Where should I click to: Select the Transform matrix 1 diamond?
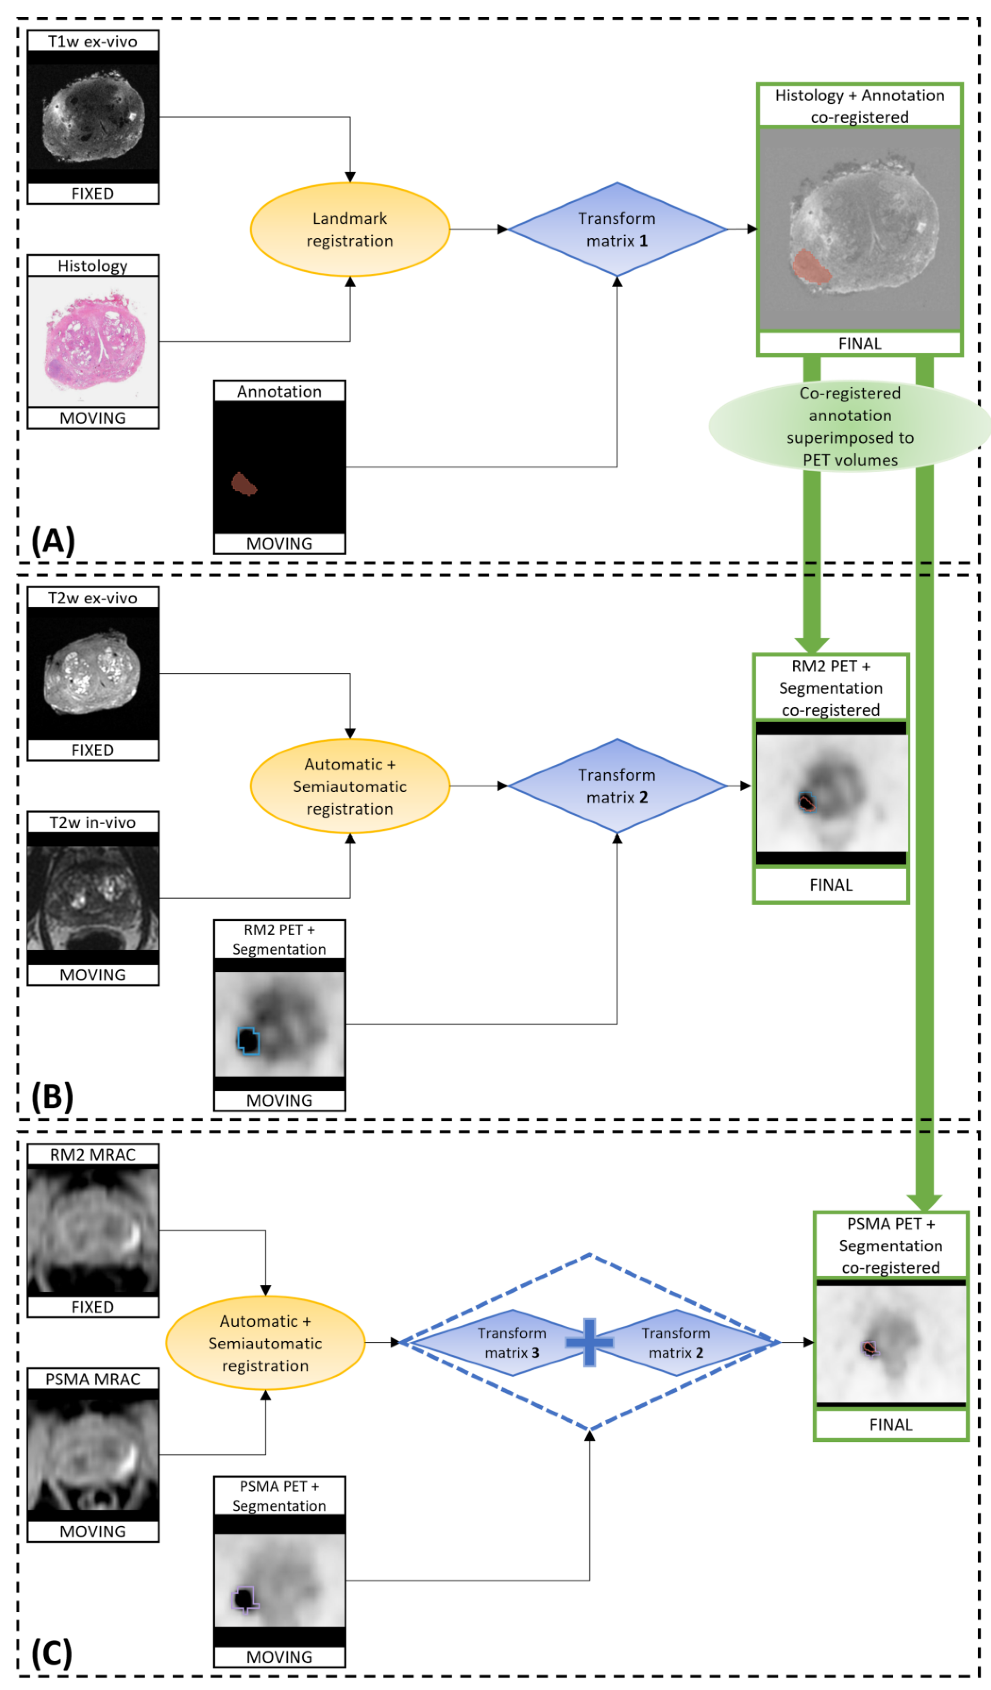[x=617, y=229]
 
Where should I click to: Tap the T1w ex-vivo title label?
[x=92, y=42]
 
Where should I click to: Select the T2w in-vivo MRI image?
[x=92, y=898]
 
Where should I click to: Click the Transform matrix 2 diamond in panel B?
[x=617, y=786]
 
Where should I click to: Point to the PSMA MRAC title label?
[x=92, y=1379]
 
